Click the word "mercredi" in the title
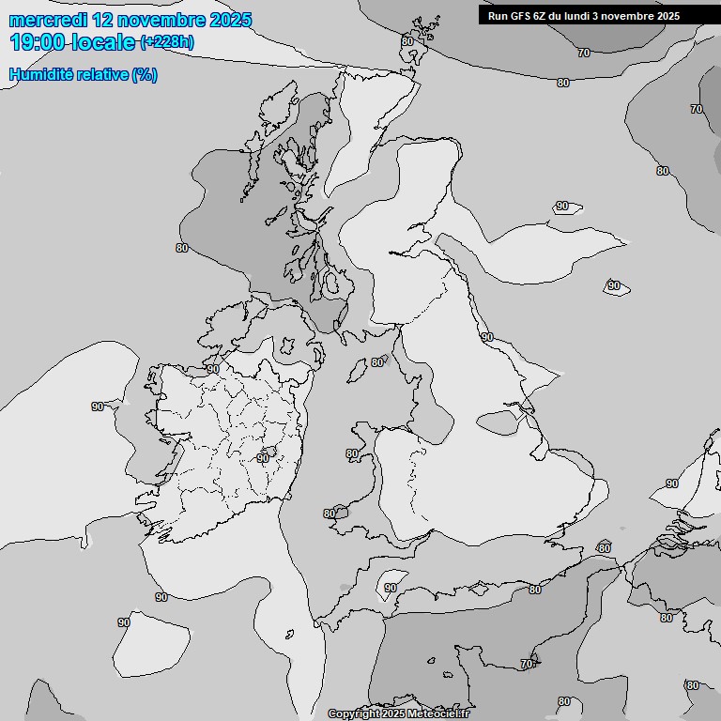43,20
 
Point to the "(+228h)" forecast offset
167,42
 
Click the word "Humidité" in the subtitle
38,75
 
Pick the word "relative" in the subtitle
100,75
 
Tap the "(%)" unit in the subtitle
145,75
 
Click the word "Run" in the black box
498,16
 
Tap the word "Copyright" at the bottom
355,714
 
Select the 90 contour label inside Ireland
263,458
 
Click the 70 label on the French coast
527,664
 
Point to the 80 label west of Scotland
182,248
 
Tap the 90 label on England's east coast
486,337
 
